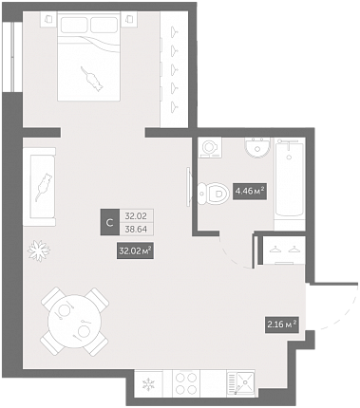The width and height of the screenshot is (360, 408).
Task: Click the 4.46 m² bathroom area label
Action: tap(250, 192)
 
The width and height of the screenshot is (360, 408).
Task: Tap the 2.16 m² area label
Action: tap(282, 325)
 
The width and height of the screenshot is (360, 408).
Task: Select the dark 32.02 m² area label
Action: tap(135, 251)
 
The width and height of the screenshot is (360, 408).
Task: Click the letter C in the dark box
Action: tap(110, 222)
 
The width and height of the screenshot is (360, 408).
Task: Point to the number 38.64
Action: tap(136, 230)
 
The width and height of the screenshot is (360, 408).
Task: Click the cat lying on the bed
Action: tap(92, 79)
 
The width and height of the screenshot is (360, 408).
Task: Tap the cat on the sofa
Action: tap(44, 187)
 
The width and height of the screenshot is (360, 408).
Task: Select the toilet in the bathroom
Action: tap(213, 193)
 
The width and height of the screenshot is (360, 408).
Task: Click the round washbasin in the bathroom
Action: tap(257, 147)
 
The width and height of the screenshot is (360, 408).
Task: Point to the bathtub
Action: tap(290, 179)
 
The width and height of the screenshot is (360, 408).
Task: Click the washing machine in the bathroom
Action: tap(210, 147)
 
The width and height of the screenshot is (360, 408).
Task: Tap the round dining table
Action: tap(74, 322)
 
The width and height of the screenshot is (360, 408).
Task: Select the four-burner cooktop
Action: tap(186, 383)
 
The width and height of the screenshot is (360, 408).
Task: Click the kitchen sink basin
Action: tap(245, 382)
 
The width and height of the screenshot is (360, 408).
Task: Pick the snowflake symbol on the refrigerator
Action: tap(148, 384)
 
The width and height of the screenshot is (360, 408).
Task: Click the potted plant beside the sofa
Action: tap(39, 250)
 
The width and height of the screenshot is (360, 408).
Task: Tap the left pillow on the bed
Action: tap(74, 25)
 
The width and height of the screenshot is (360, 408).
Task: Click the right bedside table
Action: tap(129, 19)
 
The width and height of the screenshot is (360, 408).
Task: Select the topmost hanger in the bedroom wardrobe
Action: tap(174, 31)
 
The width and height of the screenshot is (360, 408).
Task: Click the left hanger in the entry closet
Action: tap(275, 250)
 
